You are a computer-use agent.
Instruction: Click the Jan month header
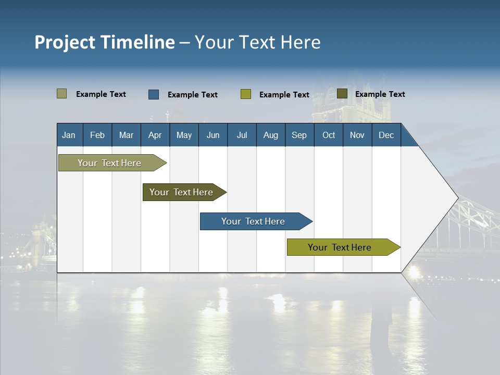[x=69, y=135]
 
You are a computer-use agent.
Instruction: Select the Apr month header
[x=155, y=135]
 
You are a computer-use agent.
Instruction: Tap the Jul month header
[x=242, y=135]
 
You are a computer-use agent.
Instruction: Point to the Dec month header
[x=386, y=135]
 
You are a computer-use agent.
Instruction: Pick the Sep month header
[x=299, y=135]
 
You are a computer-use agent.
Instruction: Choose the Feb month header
[x=97, y=135]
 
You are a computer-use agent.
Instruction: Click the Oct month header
[x=329, y=135]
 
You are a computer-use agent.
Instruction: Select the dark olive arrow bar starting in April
[x=182, y=192]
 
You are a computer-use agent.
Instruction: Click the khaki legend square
[x=62, y=94]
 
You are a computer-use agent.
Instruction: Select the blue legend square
[x=154, y=94]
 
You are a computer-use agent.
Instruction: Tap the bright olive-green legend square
[x=246, y=94]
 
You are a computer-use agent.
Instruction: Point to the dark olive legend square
[x=342, y=94]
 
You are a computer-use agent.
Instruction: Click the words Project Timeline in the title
[x=104, y=42]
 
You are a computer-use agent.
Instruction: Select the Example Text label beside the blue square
[x=192, y=95]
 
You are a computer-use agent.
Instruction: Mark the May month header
[x=184, y=135]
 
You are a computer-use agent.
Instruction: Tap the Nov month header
[x=357, y=135]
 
